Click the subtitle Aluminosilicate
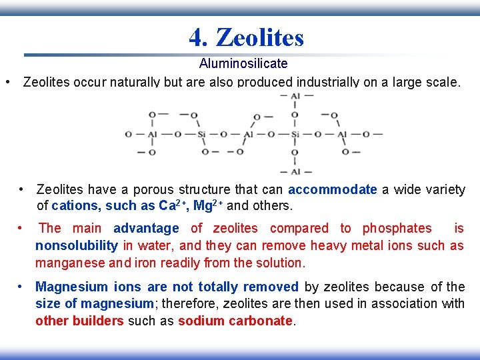tap(243, 63)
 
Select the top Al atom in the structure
tap(295, 97)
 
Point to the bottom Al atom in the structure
tap(295, 172)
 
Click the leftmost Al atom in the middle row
tap(153, 135)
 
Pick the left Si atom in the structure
tap(201, 135)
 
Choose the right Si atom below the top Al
tap(295, 135)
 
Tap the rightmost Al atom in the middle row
tap(342, 135)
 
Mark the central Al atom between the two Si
tap(248, 135)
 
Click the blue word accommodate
tap(332, 189)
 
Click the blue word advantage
tap(146, 228)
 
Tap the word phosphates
tap(397, 228)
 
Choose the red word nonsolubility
tap(77, 245)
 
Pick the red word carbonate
tap(265, 321)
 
